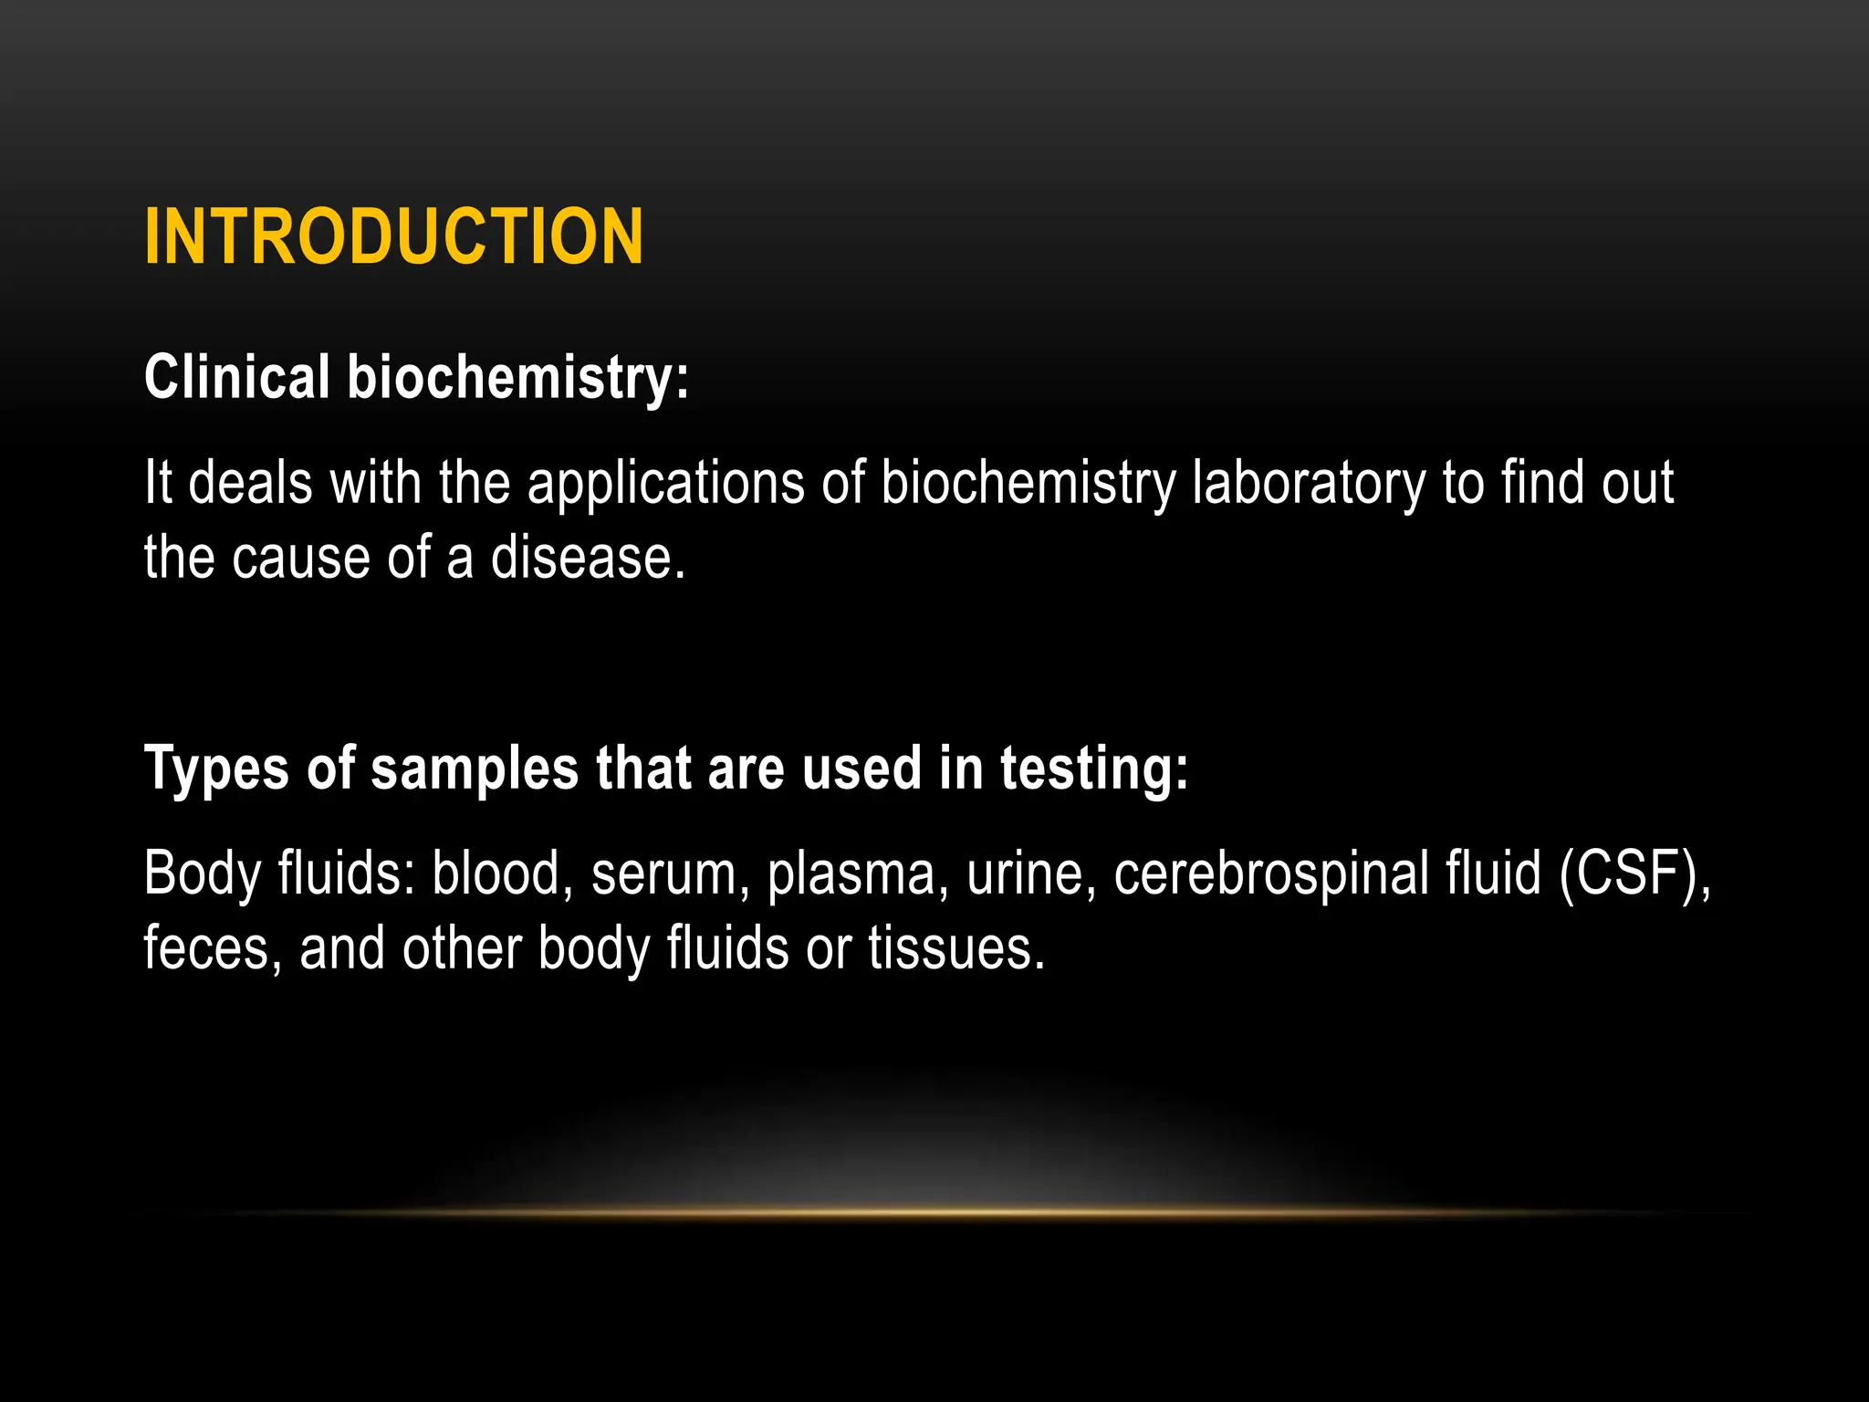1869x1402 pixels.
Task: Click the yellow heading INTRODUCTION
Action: [393, 236]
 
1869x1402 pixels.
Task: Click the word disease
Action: [588, 558]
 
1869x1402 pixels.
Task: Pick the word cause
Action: [301, 558]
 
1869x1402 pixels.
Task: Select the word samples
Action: [474, 769]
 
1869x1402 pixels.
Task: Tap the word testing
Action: [1093, 769]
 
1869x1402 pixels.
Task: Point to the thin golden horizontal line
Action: [934, 1213]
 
